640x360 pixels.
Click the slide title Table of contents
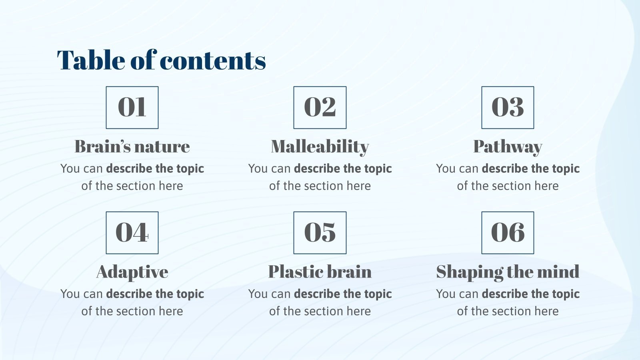point(161,60)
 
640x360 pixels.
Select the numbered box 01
point(132,108)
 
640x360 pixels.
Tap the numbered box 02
point(320,108)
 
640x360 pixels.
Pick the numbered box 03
point(508,108)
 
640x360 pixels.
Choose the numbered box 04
point(132,233)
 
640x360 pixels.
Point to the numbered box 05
point(320,233)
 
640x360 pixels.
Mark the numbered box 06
point(508,233)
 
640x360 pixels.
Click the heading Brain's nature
point(132,146)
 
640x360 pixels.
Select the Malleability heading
point(320,146)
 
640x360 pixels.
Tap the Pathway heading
point(508,146)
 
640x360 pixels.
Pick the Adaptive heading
point(132,272)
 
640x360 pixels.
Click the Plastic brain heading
point(320,272)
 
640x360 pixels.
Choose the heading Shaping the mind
point(508,272)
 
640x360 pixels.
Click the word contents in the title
point(213,60)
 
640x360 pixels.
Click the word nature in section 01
point(165,146)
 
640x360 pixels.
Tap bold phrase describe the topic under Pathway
point(530,169)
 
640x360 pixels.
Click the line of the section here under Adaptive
point(132,311)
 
